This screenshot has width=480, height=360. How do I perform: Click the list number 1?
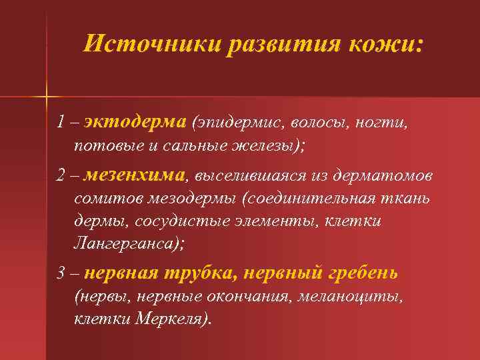click(x=61, y=123)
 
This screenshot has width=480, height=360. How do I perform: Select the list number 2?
click(x=61, y=175)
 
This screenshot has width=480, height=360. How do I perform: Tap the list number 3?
click(x=61, y=273)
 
